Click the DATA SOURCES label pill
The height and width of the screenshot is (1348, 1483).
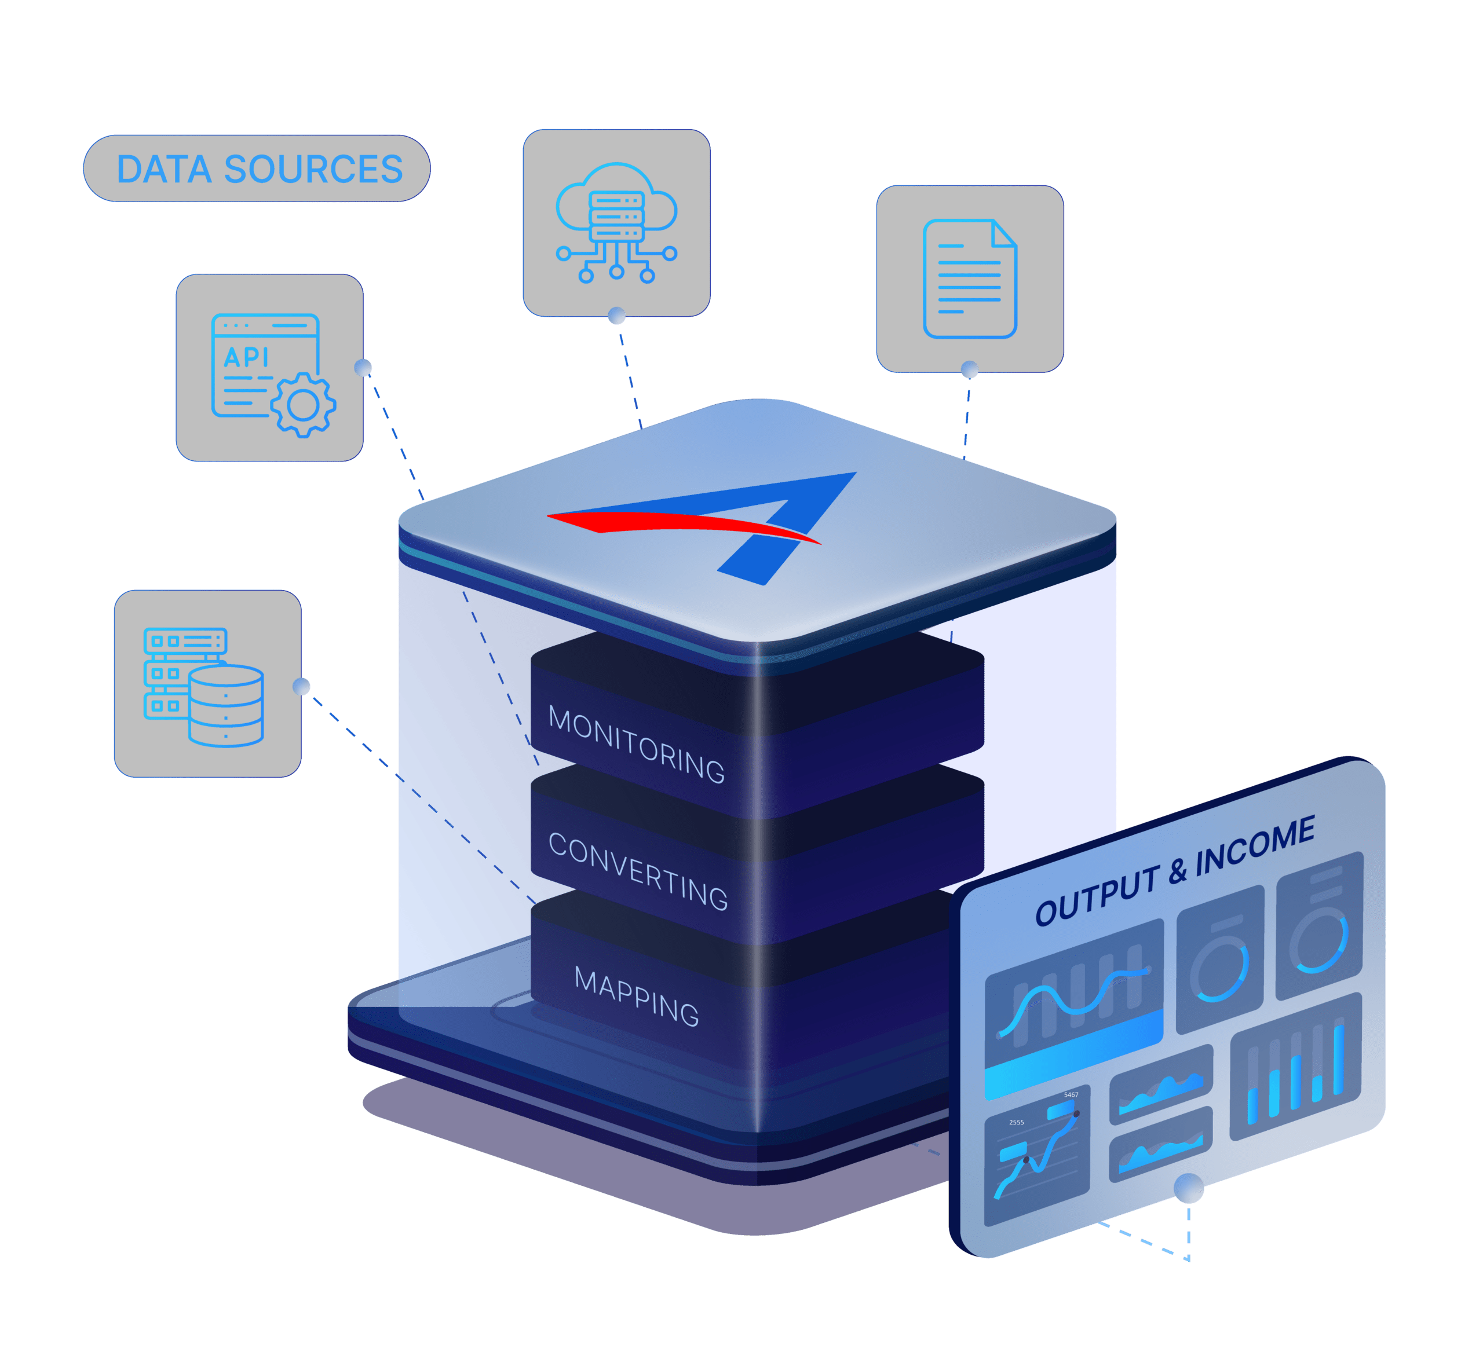(x=257, y=169)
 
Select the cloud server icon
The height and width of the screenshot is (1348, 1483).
(x=616, y=222)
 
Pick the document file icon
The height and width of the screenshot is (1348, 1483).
(x=970, y=279)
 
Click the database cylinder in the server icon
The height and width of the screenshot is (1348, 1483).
(x=226, y=706)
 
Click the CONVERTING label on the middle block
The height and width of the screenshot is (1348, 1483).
(x=638, y=871)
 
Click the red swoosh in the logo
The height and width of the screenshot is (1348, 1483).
(x=684, y=525)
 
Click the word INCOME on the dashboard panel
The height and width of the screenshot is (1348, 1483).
(x=1255, y=847)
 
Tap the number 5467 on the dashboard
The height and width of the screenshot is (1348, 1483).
(x=1071, y=1095)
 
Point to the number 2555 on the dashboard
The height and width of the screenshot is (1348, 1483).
(x=1017, y=1122)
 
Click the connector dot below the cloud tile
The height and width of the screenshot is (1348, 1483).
(x=617, y=316)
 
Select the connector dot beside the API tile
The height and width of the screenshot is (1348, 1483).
(x=363, y=368)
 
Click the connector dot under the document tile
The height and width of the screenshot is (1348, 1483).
(x=970, y=369)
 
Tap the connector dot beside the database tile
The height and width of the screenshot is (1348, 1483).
(x=301, y=686)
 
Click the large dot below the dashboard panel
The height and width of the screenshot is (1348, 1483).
(x=1189, y=1188)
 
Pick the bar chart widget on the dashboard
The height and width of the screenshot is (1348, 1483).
(x=1295, y=1067)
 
